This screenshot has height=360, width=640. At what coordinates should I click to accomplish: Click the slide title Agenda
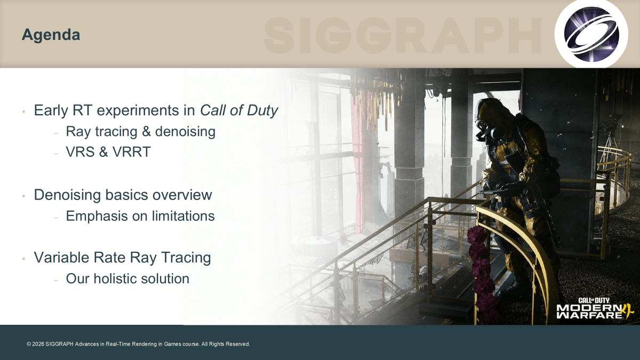coord(51,35)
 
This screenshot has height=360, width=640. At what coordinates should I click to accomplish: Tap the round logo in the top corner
coord(591,34)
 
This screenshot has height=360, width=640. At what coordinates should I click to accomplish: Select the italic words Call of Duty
coord(239,110)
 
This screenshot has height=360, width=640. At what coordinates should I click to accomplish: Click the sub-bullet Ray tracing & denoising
coord(141,132)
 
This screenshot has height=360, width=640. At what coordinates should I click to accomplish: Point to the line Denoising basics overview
coord(123,195)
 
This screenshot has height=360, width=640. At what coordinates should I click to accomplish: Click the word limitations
coord(183,215)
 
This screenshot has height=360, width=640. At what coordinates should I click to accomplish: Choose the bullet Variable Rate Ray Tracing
coord(122,258)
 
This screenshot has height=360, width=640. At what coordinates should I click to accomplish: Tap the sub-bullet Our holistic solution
coord(127,278)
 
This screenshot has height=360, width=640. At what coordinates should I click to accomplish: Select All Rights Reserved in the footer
coord(226,344)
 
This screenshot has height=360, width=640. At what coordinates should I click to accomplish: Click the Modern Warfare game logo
coord(595,309)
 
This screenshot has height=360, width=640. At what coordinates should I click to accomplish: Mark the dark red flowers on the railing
coord(482,274)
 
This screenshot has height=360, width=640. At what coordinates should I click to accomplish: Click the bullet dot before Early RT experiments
coord(23,111)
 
